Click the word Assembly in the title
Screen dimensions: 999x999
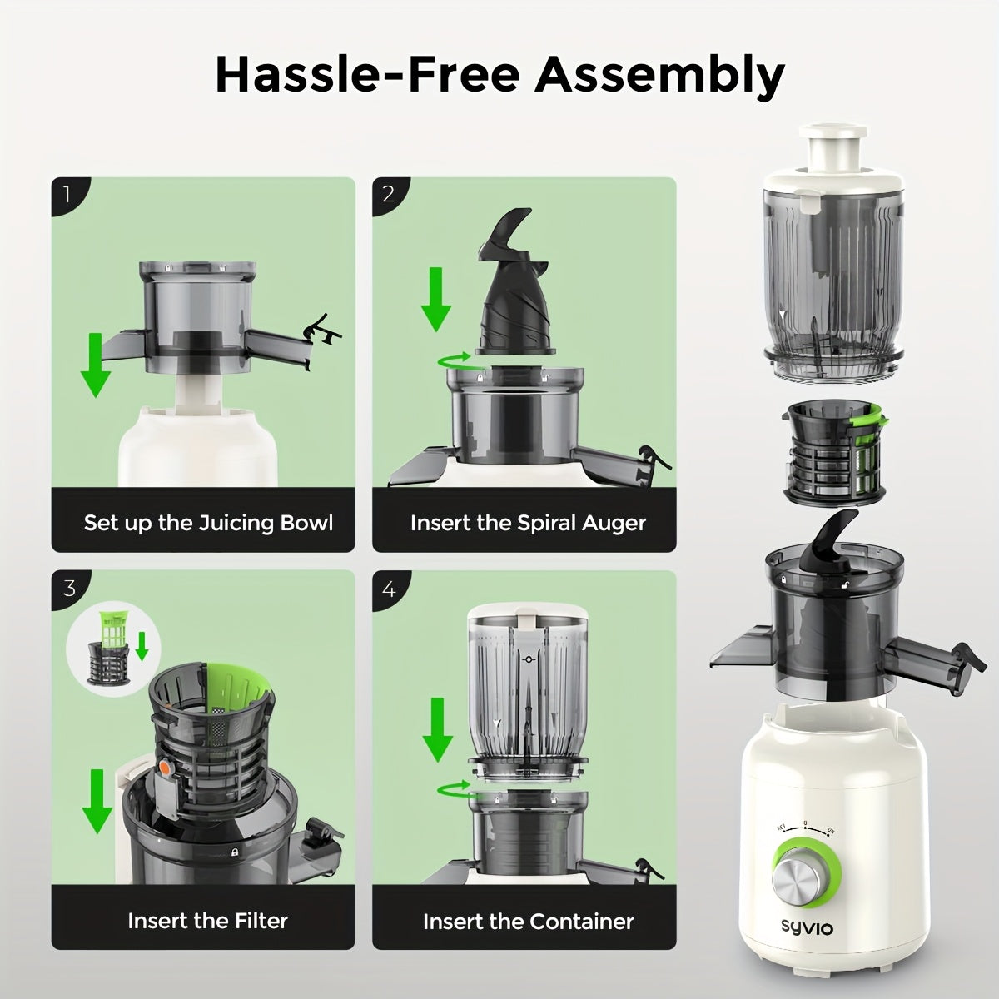(659, 77)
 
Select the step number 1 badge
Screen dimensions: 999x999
(67, 195)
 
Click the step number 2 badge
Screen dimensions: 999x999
(388, 195)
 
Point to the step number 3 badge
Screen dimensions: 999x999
(68, 589)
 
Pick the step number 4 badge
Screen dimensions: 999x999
(388, 589)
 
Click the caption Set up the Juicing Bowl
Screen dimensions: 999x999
(208, 523)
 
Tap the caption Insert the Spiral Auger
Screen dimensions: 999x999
(528, 523)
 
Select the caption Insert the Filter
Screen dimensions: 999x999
(207, 921)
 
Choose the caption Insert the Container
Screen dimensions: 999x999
(528, 922)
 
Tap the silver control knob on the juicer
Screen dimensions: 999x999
(801, 879)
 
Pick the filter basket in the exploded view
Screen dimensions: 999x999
(835, 455)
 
